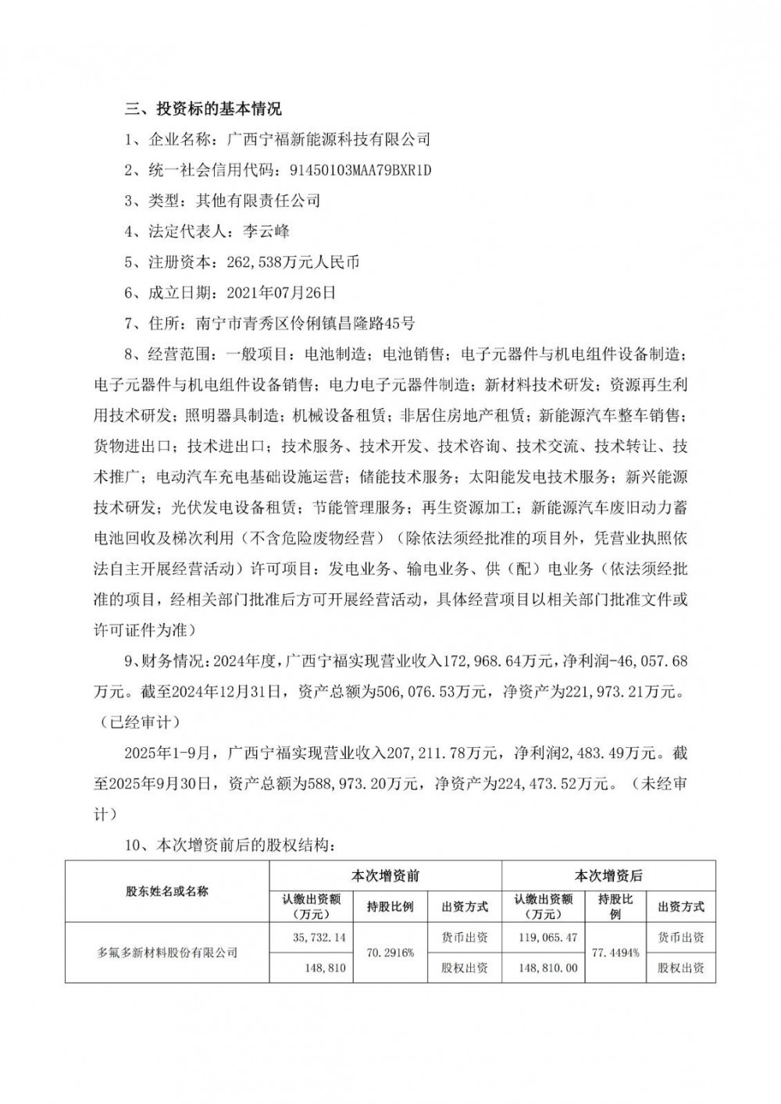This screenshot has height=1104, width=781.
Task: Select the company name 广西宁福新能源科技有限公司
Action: (x=328, y=140)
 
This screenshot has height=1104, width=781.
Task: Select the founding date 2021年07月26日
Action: (x=280, y=294)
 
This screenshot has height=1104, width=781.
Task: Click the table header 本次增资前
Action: (x=386, y=876)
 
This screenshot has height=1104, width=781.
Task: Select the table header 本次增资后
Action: (x=608, y=876)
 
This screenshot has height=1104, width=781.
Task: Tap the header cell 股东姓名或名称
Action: (x=167, y=892)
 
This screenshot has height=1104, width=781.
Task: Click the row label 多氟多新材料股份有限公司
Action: (x=167, y=953)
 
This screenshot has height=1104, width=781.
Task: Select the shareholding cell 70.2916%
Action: (x=390, y=953)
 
